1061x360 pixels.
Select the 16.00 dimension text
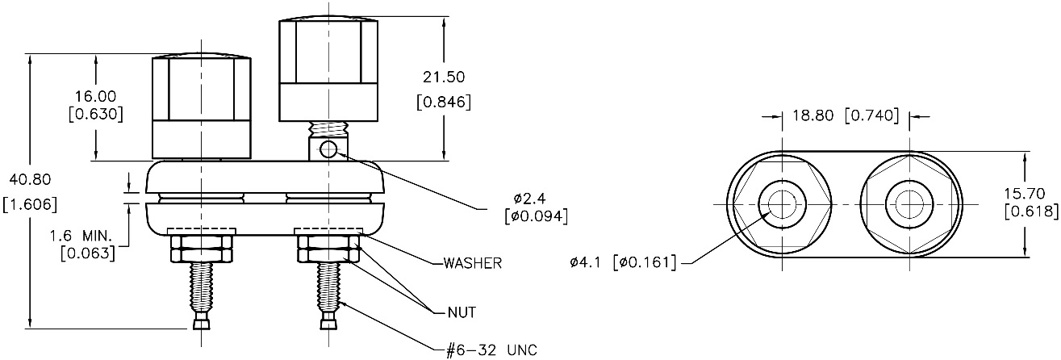tap(96, 95)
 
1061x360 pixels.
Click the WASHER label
tap(473, 263)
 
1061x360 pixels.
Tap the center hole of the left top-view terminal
tap(782, 203)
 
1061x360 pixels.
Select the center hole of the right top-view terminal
tap(910, 203)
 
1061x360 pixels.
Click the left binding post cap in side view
tap(201, 107)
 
